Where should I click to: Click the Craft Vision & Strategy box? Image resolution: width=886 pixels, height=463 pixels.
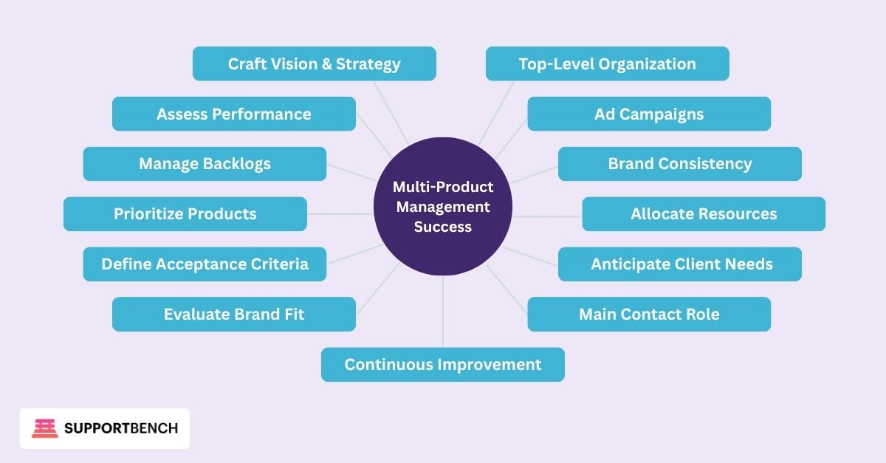(x=314, y=64)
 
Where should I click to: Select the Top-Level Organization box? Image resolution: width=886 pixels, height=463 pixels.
(x=607, y=64)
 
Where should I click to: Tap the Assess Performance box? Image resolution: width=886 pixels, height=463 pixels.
(x=233, y=114)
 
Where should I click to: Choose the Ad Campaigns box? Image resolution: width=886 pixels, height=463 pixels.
(x=648, y=114)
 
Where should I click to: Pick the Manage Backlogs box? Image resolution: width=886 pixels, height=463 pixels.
(x=205, y=164)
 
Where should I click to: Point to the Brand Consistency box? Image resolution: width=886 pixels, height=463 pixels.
(x=679, y=164)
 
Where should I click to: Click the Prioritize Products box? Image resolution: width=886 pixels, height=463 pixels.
(x=185, y=214)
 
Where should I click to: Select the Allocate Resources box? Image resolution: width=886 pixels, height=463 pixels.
(x=703, y=214)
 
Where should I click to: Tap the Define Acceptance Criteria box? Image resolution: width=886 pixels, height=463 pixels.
(x=205, y=264)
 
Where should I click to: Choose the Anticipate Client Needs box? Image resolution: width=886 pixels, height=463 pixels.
(x=679, y=264)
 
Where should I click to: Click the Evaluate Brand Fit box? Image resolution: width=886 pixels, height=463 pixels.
(x=233, y=315)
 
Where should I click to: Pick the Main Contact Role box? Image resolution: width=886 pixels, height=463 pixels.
(x=648, y=315)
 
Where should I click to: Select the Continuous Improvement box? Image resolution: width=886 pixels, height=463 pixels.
(x=442, y=365)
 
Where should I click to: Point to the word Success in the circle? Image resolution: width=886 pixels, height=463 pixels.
(x=442, y=227)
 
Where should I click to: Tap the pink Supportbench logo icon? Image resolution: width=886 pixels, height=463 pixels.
(x=44, y=428)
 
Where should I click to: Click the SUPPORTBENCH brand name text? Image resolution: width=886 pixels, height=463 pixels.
(x=121, y=428)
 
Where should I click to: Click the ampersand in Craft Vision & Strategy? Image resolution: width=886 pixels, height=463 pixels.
(x=326, y=64)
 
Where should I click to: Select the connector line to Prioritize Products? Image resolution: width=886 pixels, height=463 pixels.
(x=340, y=213)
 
